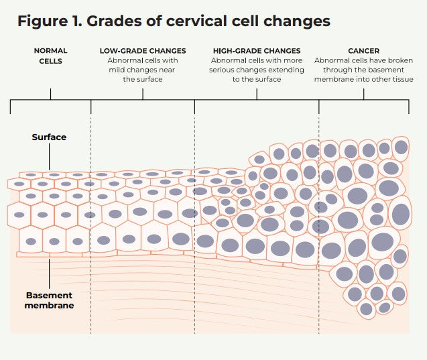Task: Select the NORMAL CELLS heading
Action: click(50, 56)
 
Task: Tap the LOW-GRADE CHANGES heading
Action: click(142, 50)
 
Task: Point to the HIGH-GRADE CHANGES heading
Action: click(257, 50)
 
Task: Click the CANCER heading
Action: click(363, 50)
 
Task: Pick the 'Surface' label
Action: click(50, 137)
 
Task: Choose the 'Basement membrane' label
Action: click(50, 300)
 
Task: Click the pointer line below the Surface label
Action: click(50, 156)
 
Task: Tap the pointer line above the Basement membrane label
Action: click(50, 272)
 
